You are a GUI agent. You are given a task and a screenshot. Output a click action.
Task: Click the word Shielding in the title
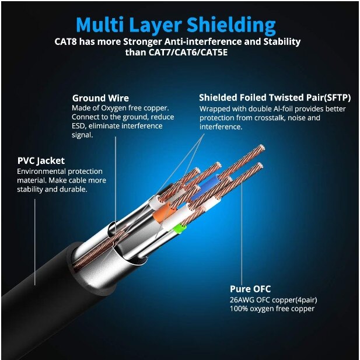(230, 25)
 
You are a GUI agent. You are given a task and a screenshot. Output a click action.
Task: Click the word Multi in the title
(99, 25)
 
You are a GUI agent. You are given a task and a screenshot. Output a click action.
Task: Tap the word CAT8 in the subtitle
(65, 42)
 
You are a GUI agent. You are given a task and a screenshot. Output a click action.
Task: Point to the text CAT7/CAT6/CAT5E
(188, 53)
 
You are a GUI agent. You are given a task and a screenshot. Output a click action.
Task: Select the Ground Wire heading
(100, 98)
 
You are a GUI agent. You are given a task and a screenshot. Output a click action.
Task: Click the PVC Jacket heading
(41, 160)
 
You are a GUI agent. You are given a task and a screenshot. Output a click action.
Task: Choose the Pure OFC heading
(250, 289)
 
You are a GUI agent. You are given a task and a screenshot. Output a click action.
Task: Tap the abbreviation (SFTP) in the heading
(337, 97)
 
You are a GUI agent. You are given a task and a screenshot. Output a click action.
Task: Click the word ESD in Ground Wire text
(78, 126)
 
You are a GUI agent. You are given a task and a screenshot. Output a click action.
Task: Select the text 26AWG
(242, 300)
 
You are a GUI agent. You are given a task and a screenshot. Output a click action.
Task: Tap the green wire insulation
(179, 229)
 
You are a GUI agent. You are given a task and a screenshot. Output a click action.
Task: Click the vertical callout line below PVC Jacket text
(35, 242)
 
